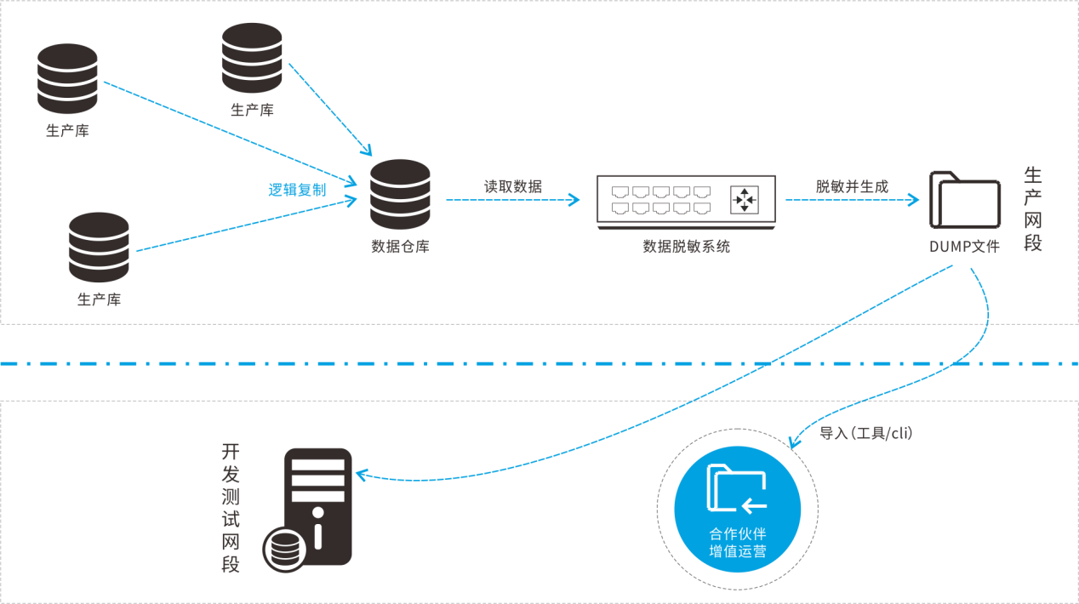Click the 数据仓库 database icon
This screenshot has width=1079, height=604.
click(401, 194)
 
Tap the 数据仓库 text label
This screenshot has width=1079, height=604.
click(401, 247)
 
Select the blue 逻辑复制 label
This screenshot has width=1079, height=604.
click(297, 190)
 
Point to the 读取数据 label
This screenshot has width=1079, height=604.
click(513, 186)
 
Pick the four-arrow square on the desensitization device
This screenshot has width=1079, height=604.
click(744, 200)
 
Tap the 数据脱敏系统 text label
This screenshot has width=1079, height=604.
click(686, 247)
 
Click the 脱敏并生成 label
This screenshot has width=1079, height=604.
click(852, 186)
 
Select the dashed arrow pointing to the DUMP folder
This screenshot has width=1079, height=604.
click(852, 201)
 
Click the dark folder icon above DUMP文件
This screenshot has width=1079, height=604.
click(964, 199)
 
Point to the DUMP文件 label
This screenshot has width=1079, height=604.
click(964, 247)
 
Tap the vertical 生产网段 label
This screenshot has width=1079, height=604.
click(1033, 209)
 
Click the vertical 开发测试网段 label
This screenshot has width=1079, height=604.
click(231, 508)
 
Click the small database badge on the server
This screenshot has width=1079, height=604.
click(284, 548)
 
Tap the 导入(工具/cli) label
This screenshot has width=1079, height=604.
click(865, 434)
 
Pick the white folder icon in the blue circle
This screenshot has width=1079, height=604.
click(737, 489)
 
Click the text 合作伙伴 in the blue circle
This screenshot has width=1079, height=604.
click(738, 534)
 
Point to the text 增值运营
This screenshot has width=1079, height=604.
click(738, 551)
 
